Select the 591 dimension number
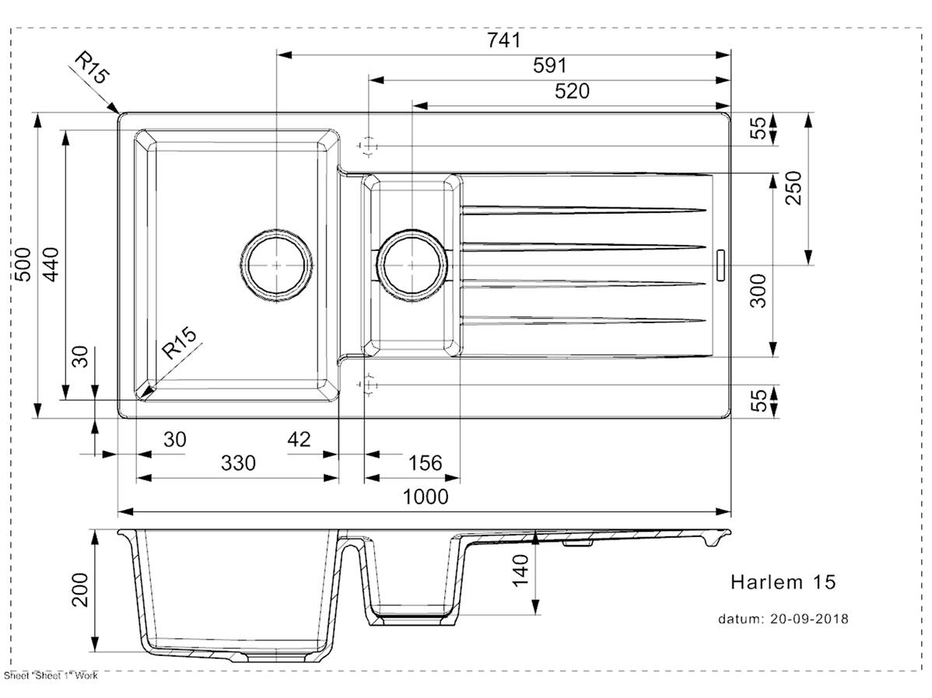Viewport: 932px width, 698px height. click(x=550, y=67)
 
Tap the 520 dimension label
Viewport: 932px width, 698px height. click(x=572, y=92)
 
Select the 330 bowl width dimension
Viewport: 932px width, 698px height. click(x=238, y=464)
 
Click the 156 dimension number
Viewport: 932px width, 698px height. click(x=424, y=464)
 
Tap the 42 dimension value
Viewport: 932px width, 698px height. click(x=299, y=440)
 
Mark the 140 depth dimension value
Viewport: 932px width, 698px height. click(x=520, y=569)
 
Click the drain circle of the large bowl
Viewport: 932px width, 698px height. click(x=276, y=265)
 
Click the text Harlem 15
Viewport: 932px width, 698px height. click(x=783, y=581)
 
